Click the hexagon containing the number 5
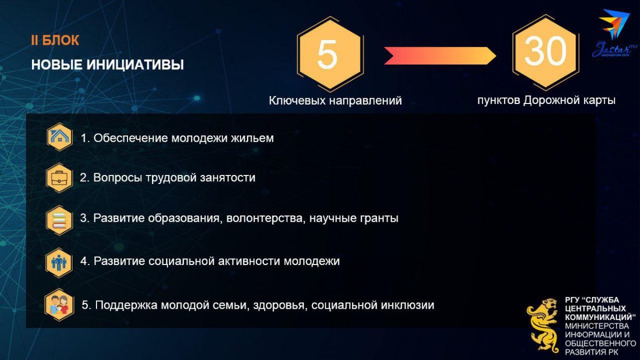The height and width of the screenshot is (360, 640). click(330, 54)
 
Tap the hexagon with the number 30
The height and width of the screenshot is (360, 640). click(546, 52)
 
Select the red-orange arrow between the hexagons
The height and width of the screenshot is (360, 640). click(440, 55)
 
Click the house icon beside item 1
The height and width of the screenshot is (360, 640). click(59, 137)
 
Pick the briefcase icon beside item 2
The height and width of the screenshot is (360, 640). click(59, 178)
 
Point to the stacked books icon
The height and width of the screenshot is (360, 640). click(59, 220)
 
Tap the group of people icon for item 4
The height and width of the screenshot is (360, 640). click(59, 263)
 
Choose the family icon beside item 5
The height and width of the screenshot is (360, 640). click(59, 305)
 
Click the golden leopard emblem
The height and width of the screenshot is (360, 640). click(543, 326)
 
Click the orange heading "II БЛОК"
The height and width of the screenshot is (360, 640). click(55, 41)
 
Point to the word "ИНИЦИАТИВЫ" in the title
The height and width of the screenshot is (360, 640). click(135, 65)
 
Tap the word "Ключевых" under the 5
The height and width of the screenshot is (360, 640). click(297, 101)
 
